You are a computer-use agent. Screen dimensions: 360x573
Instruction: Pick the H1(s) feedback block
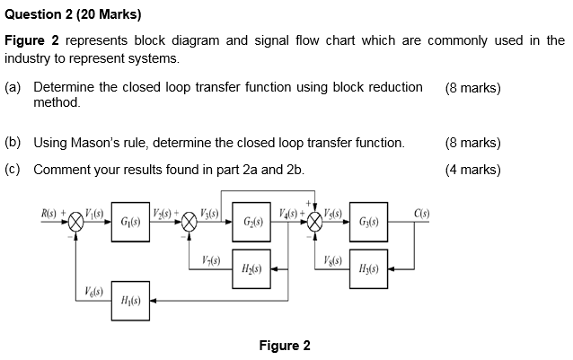tap(128, 300)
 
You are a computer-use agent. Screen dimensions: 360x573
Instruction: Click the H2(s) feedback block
tap(248, 268)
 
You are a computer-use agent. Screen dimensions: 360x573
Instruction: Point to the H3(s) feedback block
tap(367, 268)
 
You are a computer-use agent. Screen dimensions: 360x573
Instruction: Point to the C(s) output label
tap(423, 212)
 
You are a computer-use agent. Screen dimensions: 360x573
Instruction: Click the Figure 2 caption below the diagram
tap(284, 346)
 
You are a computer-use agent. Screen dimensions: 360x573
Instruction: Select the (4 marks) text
tap(472, 170)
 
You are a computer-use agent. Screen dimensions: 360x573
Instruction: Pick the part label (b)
tap(13, 143)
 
